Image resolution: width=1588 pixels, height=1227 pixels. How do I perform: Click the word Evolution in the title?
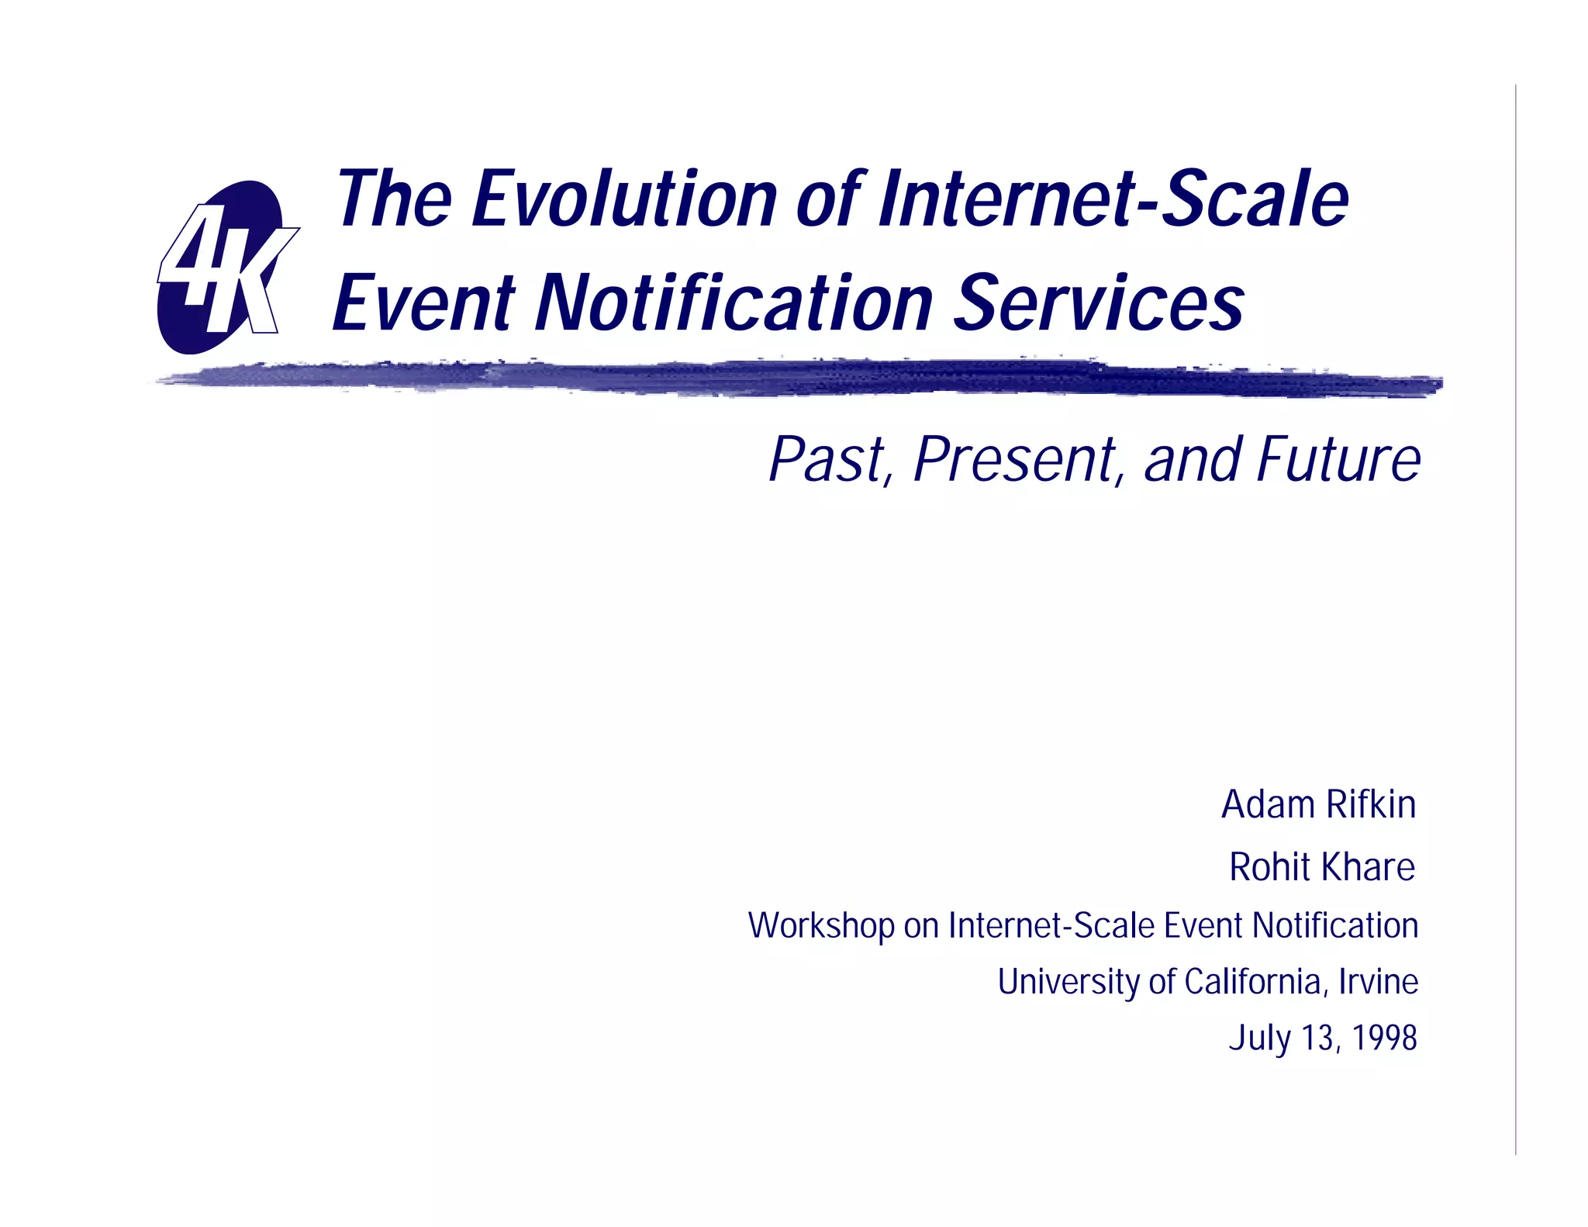624,199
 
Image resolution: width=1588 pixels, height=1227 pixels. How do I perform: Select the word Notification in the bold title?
735,303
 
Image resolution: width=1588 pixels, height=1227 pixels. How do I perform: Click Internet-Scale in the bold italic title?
1113,199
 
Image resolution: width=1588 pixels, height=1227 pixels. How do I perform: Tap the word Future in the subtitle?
1339,460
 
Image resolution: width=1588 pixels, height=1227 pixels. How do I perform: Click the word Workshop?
821,926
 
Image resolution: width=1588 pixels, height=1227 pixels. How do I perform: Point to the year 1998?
1384,1039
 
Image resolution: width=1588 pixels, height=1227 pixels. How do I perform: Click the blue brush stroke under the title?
799,378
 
